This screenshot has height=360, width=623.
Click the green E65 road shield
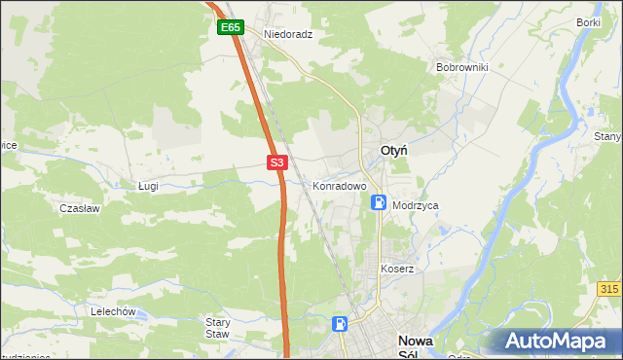coord(230,28)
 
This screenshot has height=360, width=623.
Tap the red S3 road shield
coord(277,163)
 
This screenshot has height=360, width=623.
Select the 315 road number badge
coord(609,290)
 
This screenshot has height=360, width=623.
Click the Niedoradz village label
coord(287,33)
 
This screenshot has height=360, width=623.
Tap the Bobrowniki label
coord(461,68)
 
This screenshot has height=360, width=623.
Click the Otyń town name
coord(392,151)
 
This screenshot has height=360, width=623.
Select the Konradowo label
coord(339,185)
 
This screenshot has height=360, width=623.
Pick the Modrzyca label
coord(416,206)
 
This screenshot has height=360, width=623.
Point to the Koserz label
coord(397,269)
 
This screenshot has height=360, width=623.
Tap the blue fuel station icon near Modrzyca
coord(379,202)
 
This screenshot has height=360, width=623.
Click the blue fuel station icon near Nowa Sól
coord(340,324)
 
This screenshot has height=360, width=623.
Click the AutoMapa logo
coord(557,342)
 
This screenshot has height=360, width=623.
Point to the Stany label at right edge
coord(608,137)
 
